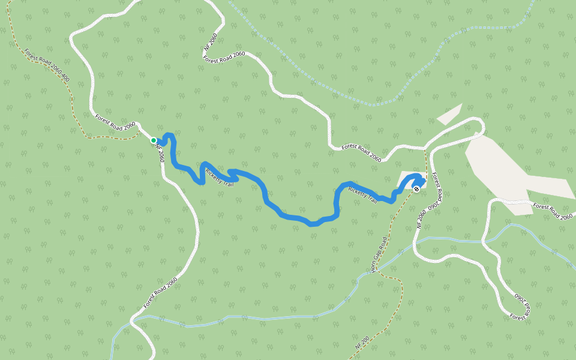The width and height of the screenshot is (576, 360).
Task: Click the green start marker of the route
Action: [x=154, y=140]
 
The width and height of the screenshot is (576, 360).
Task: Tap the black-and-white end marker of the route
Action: [x=416, y=188]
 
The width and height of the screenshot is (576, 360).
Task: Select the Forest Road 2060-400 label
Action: [x=47, y=65]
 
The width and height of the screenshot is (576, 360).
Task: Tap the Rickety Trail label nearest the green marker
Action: [x=219, y=177]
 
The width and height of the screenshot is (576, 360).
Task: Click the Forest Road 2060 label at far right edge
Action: [x=554, y=211]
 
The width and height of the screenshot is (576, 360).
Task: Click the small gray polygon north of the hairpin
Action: [x=449, y=114]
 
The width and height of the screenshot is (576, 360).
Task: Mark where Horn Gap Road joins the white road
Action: [x=425, y=147]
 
